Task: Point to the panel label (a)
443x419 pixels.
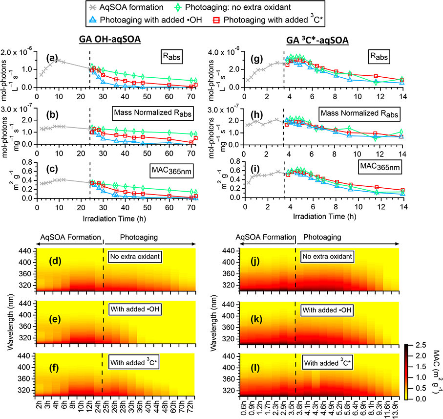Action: (x=53, y=58)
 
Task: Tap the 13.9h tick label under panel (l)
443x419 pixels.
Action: (x=396, y=409)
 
